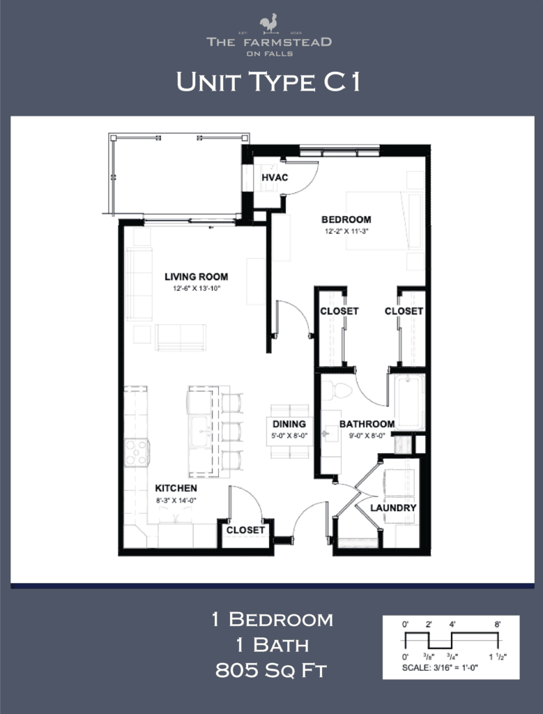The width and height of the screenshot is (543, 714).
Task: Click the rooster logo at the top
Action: pyautogui.click(x=268, y=24)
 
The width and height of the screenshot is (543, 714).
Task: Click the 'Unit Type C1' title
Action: pyautogui.click(x=268, y=82)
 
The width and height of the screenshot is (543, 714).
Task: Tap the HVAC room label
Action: pyautogui.click(x=275, y=178)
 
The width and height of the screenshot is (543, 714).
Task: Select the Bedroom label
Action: pyautogui.click(x=346, y=220)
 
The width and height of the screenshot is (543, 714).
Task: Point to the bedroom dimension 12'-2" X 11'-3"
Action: pyautogui.click(x=346, y=231)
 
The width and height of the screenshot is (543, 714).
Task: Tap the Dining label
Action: pyautogui.click(x=289, y=424)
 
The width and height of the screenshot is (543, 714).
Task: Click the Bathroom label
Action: pyautogui.click(x=367, y=424)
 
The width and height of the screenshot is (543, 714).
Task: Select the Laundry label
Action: pyautogui.click(x=393, y=508)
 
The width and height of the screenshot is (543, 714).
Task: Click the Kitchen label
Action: pyautogui.click(x=176, y=488)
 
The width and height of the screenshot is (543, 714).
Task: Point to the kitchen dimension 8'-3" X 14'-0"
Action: pyautogui.click(x=176, y=499)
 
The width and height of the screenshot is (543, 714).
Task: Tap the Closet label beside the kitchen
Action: pyautogui.click(x=245, y=530)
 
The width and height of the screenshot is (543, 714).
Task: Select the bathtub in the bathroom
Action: pyautogui.click(x=408, y=402)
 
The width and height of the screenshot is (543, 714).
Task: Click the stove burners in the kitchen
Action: pyautogui.click(x=136, y=452)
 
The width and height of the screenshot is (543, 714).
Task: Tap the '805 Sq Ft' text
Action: pyautogui.click(x=272, y=671)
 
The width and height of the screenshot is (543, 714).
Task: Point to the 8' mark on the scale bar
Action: pyautogui.click(x=498, y=625)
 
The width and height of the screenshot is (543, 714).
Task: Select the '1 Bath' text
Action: pyautogui.click(x=272, y=645)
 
